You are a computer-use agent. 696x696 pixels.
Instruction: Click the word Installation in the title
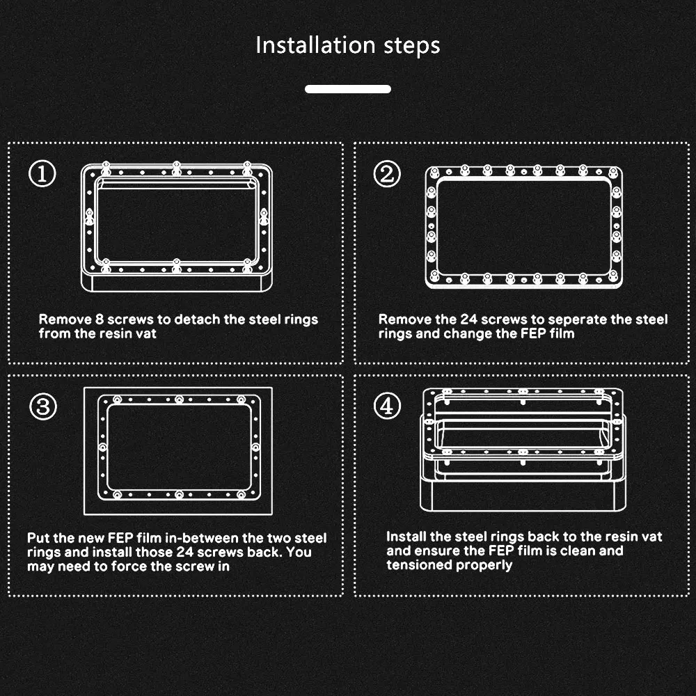315,45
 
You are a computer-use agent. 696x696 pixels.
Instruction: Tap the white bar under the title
348,89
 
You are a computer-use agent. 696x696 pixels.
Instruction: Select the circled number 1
42,173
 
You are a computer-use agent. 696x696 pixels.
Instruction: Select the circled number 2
387,173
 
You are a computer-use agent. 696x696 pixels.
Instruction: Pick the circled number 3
43,406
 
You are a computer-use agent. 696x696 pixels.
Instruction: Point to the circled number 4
387,406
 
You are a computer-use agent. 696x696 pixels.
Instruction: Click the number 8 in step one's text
100,319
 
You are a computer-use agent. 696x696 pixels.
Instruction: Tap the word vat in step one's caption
147,334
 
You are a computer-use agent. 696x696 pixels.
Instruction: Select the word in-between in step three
201,538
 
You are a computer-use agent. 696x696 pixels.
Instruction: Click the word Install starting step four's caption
406,537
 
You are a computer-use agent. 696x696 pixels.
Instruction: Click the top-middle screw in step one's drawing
177,168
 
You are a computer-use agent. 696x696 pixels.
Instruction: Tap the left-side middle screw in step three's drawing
102,447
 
